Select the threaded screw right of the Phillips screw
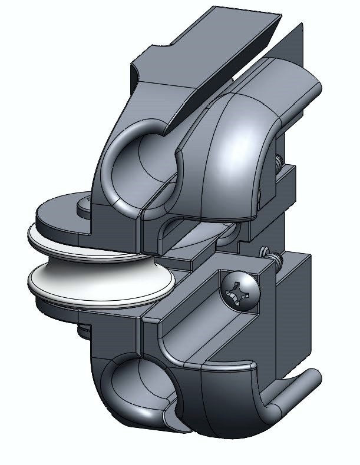pyautogui.click(x=272, y=255)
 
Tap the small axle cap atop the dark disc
pyautogui.click(x=83, y=203)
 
